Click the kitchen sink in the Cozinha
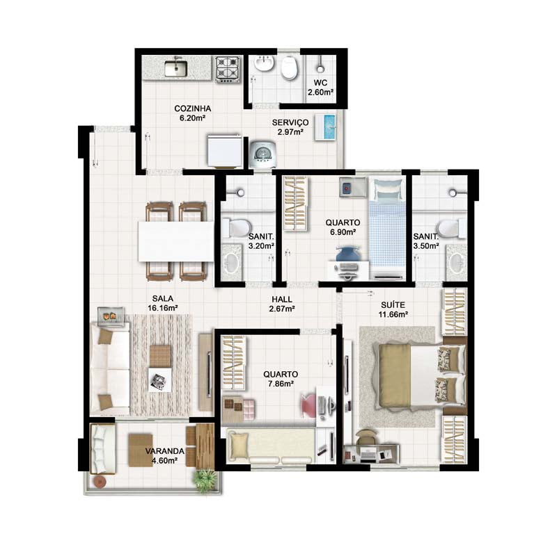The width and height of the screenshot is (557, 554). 176,68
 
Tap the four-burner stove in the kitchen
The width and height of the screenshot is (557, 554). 228,70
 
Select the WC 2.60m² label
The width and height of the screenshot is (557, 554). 320,88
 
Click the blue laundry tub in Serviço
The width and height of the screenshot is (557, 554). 325,127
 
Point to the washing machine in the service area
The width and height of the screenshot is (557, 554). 263,154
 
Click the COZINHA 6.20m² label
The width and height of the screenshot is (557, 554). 193,113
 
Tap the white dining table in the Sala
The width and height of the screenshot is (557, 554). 176,241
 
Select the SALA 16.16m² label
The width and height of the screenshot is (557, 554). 163,303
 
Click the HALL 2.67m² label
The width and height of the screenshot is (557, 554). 282,304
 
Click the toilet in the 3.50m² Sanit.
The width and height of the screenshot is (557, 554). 451,229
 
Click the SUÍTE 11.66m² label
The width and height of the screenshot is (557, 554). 393,309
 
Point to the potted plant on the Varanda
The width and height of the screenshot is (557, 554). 205,480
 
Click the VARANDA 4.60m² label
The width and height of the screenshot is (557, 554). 164,456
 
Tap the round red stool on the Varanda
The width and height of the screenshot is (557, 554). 100,482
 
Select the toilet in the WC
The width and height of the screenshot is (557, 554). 290,68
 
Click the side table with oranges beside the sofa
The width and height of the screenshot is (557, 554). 111,316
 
